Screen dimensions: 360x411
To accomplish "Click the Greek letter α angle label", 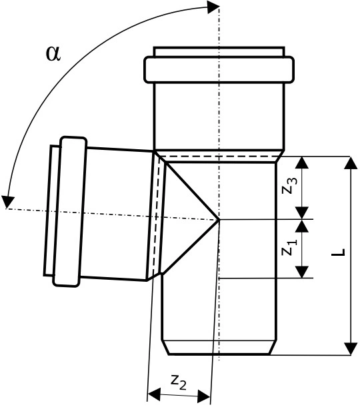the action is [x=53, y=54].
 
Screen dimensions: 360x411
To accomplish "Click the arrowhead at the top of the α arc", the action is [x=213, y=7].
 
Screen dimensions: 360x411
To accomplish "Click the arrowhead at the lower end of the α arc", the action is [x=7, y=202].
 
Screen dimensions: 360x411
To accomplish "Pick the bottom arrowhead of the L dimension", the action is [x=351, y=348].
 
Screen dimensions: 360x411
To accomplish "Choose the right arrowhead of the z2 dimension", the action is [x=204, y=396].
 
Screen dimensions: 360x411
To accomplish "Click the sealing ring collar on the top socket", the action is [x=219, y=69].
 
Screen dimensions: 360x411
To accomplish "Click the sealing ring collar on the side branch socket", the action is [x=69, y=212].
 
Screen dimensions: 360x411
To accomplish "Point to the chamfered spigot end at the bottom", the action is [x=219, y=347].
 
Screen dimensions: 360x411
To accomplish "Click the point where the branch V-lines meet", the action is [x=219, y=220].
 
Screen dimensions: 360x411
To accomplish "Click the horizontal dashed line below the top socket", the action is [x=219, y=157].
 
